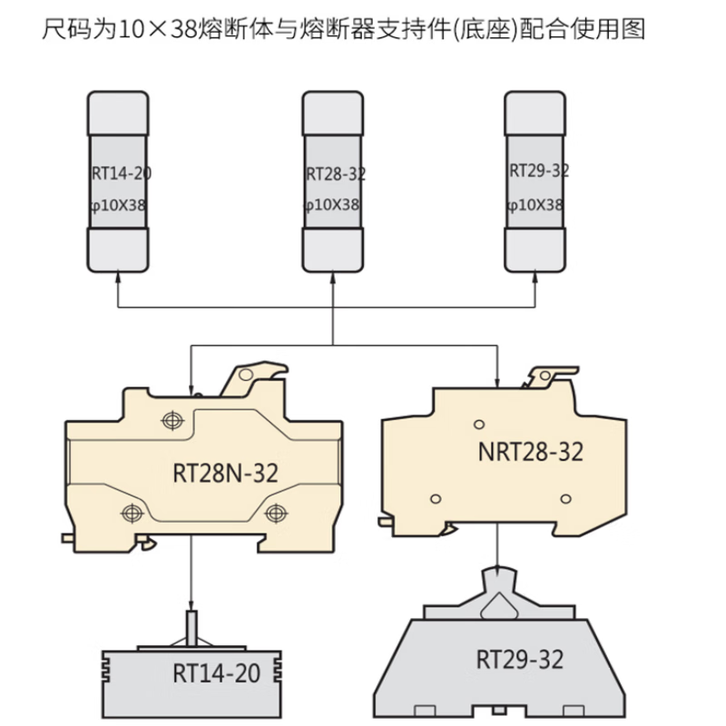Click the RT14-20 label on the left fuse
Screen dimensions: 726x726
coord(122,173)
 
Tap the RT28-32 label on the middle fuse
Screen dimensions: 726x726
coord(336,174)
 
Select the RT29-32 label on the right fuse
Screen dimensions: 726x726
coord(539,171)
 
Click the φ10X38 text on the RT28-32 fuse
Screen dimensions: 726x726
coord(331,205)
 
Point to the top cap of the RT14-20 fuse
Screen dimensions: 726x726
coord(118,113)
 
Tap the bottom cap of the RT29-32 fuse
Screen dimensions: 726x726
coord(535,250)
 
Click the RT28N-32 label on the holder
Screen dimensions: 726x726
coord(225,473)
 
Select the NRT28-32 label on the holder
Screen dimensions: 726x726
coord(531,452)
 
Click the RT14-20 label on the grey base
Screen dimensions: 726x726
coord(216,673)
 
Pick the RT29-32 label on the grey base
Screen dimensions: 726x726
coord(520,660)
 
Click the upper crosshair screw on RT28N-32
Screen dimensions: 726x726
coord(172,421)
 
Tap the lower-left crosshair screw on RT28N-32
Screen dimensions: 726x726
coord(132,513)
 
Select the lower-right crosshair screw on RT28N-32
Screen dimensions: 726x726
coord(276,513)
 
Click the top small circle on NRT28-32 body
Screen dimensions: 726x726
coord(479,424)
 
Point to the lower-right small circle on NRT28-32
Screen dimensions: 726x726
coord(565,498)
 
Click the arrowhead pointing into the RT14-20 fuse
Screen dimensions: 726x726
coord(118,277)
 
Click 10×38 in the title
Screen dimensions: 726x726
coord(158,30)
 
